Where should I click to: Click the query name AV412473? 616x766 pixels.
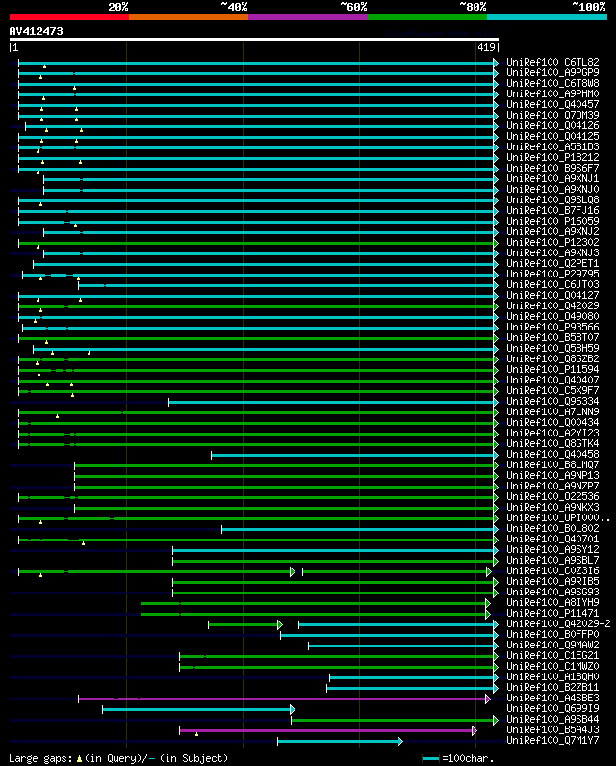click(37, 31)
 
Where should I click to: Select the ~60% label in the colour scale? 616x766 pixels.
click(353, 6)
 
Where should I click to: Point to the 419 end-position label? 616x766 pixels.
click(485, 46)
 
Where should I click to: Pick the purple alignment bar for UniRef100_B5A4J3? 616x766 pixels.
click(327, 730)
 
